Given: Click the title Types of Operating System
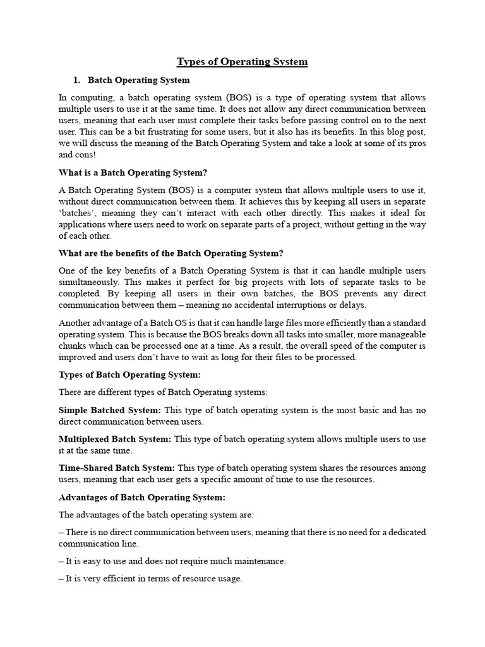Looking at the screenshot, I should point(242,61).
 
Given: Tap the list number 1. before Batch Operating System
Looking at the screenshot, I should point(78,80).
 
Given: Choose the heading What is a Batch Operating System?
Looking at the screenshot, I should point(133,172).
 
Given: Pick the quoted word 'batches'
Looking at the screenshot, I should point(76,213).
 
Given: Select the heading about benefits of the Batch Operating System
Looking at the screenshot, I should point(171,253).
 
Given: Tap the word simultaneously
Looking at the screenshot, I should point(88,282).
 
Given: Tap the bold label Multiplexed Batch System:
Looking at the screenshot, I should point(115,439).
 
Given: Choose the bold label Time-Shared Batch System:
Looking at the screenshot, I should point(117,468).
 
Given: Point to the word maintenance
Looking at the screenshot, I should point(258,561).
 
